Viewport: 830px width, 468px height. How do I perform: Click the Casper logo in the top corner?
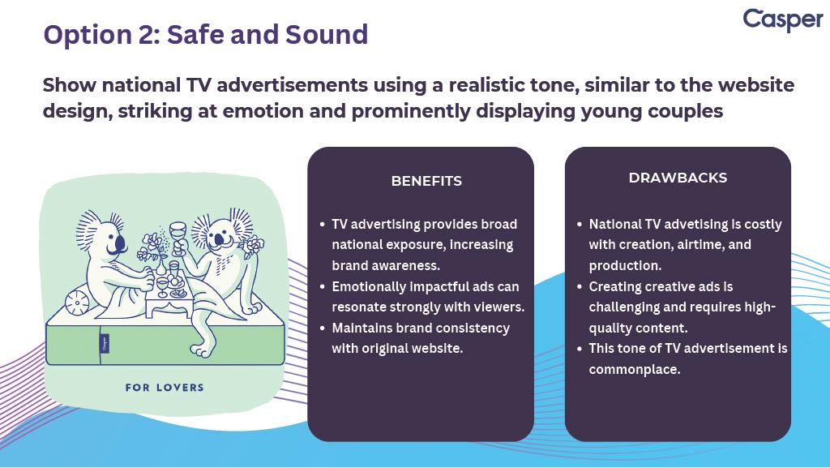tap(783, 20)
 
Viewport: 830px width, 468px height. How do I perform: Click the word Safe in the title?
tap(195, 34)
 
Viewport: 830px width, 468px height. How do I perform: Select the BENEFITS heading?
tap(426, 181)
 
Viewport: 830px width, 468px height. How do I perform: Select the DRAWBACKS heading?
tap(678, 178)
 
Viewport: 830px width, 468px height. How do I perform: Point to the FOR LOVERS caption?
tap(165, 388)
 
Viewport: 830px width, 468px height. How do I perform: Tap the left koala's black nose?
tap(120, 244)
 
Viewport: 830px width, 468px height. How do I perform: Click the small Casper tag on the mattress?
tap(105, 344)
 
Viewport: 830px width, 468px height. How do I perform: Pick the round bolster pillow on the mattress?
tap(77, 302)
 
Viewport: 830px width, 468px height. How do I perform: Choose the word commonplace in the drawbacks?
tap(635, 370)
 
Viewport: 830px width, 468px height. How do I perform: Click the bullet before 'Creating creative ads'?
tap(580, 287)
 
